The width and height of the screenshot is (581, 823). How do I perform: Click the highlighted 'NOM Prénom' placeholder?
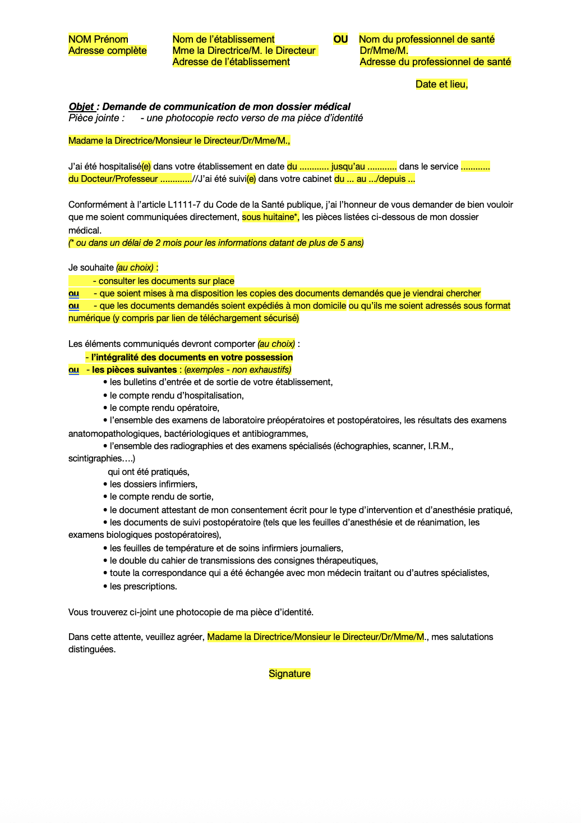tap(98, 39)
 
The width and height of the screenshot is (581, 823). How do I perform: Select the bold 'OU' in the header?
tap(340, 39)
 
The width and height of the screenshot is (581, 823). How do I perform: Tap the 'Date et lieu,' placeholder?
tap(441, 84)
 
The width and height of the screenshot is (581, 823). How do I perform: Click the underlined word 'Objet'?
tap(81, 107)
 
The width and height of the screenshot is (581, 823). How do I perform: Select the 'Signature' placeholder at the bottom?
tap(289, 674)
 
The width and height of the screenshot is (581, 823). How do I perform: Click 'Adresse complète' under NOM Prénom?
tap(107, 51)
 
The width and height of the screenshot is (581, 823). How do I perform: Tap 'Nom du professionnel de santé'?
tap(426, 39)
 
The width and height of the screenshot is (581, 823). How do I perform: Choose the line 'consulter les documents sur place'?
tap(166, 281)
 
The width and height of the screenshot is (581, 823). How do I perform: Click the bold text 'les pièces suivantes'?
tap(135, 370)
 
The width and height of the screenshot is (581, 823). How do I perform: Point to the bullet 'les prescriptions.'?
tap(143, 587)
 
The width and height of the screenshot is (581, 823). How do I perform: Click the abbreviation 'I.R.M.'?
tap(440, 446)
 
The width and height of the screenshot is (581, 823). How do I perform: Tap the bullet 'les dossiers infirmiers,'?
tap(153, 484)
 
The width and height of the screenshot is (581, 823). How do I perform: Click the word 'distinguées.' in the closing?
tap(92, 650)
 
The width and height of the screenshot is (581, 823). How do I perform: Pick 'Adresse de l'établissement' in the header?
tap(231, 62)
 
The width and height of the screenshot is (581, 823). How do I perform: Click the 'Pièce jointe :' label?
tap(96, 118)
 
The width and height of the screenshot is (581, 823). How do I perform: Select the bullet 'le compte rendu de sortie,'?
tap(162, 497)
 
